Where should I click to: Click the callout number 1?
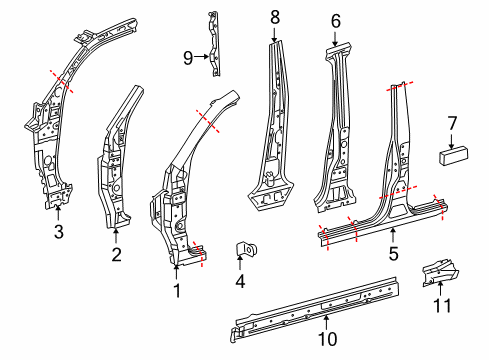pos(177,292)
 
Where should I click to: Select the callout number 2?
pos(116,256)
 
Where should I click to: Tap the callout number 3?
pos(58,234)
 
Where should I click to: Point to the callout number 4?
pos(240,282)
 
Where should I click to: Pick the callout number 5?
pos(393,256)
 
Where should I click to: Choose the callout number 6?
pos(336,19)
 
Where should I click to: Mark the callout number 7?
pos(452,123)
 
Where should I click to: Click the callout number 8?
pos(275,16)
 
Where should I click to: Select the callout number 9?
pos(188,58)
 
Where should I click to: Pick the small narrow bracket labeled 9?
pos(213,40)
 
